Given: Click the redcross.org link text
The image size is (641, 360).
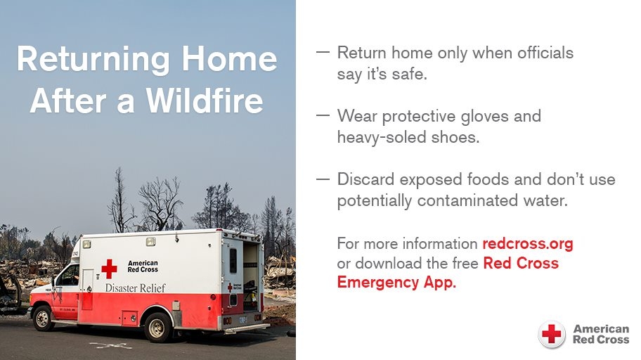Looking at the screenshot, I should point(527,244).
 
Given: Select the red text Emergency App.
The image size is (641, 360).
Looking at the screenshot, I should point(396,283).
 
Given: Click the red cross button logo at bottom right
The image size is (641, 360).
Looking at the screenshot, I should point(552,335).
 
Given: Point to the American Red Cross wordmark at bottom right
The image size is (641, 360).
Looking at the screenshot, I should point(601,334).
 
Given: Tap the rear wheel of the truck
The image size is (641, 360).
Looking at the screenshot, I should point(157,326).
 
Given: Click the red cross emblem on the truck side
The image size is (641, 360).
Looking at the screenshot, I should point(109,268).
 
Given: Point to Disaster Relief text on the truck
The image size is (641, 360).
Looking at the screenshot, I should point(135,287).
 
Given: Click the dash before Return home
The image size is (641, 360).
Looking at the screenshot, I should point(323,53).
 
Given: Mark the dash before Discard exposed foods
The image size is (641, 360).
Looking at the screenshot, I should point(323,179).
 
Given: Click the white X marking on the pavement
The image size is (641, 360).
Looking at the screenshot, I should point(110,345).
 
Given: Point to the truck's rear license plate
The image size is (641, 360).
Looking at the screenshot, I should point(243,320).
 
